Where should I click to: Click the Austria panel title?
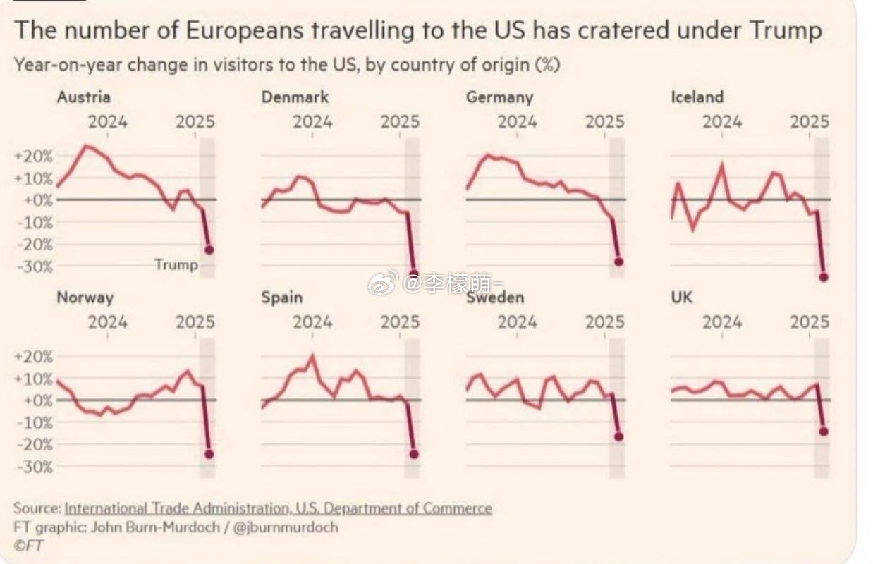[x=83, y=97]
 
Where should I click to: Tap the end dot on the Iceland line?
[x=823, y=277]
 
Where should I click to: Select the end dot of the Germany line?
[x=618, y=262]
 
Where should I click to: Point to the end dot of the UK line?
[x=823, y=431]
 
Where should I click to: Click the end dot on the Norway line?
[x=209, y=454]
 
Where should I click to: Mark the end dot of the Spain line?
[x=413, y=454]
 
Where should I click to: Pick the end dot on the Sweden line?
[x=618, y=436]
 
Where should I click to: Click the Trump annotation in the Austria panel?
[x=176, y=265]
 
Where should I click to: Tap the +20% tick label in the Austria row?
[x=32, y=156]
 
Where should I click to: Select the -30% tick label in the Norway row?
[x=32, y=467]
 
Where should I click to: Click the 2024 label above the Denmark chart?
[x=312, y=121]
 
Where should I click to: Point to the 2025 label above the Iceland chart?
[x=810, y=121]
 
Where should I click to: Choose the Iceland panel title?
[x=697, y=97]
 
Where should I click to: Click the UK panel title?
[x=682, y=298]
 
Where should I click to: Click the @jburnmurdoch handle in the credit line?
[x=287, y=527]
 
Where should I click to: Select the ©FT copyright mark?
[x=28, y=545]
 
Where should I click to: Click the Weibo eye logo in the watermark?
[x=382, y=283]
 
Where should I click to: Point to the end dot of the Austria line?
[x=209, y=250]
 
